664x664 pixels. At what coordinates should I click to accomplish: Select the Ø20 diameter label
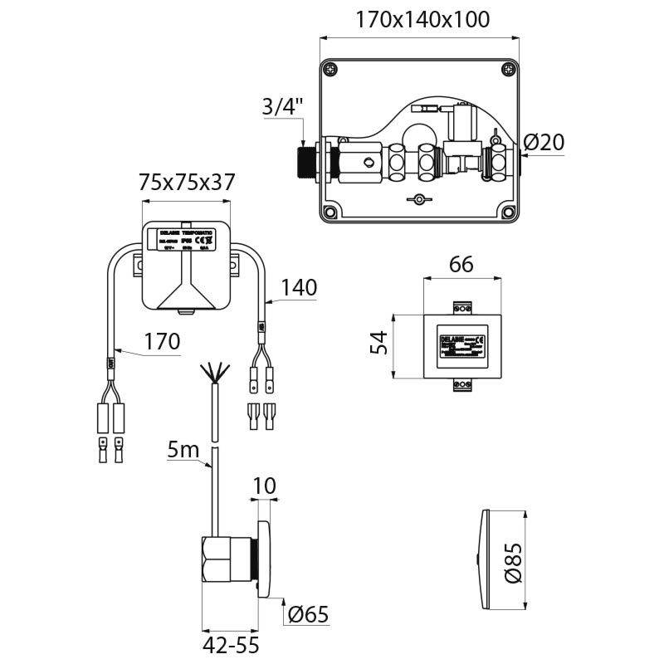(x=545, y=142)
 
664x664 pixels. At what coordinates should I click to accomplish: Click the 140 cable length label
(x=299, y=287)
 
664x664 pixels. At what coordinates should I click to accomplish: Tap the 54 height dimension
(x=378, y=343)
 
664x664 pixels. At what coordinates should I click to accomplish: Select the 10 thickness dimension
(x=265, y=486)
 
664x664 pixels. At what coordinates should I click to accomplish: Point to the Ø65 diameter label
(x=310, y=615)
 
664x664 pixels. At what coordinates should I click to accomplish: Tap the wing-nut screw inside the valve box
(x=419, y=200)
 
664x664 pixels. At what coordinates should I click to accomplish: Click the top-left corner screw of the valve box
(x=331, y=69)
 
